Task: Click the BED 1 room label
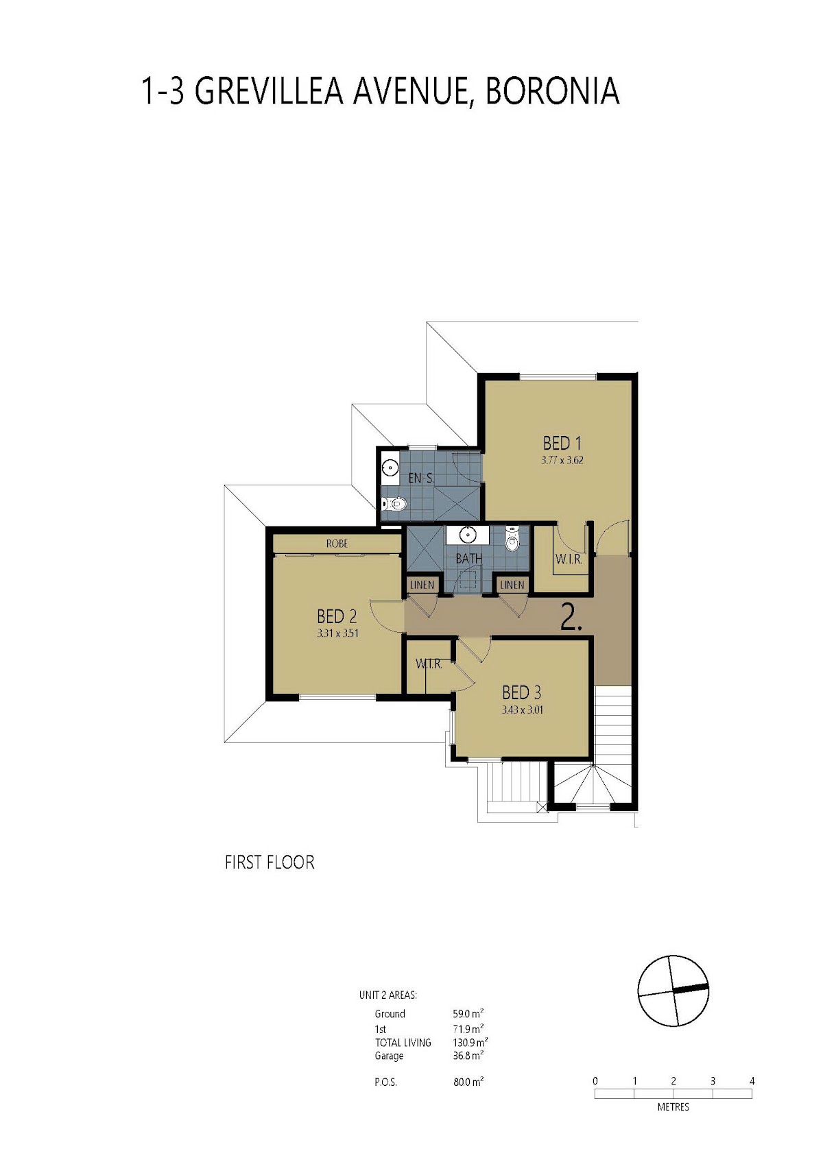(x=562, y=444)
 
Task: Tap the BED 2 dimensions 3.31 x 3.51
(x=337, y=633)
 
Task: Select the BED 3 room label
(x=521, y=692)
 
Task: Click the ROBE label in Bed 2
(x=337, y=544)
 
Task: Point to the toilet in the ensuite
(x=392, y=504)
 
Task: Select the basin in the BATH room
(x=469, y=534)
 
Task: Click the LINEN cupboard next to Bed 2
(x=422, y=585)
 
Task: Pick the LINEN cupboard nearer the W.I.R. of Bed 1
(x=512, y=585)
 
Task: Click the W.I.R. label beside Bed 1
(x=569, y=559)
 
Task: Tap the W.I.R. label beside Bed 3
(x=429, y=664)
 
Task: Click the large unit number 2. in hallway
(x=571, y=617)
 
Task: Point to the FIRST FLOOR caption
(x=270, y=862)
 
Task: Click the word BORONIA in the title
(x=552, y=91)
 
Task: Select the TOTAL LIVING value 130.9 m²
(x=470, y=1043)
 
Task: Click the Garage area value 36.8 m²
(x=468, y=1056)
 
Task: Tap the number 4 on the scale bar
(x=752, y=1081)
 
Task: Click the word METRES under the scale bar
(x=673, y=1107)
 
